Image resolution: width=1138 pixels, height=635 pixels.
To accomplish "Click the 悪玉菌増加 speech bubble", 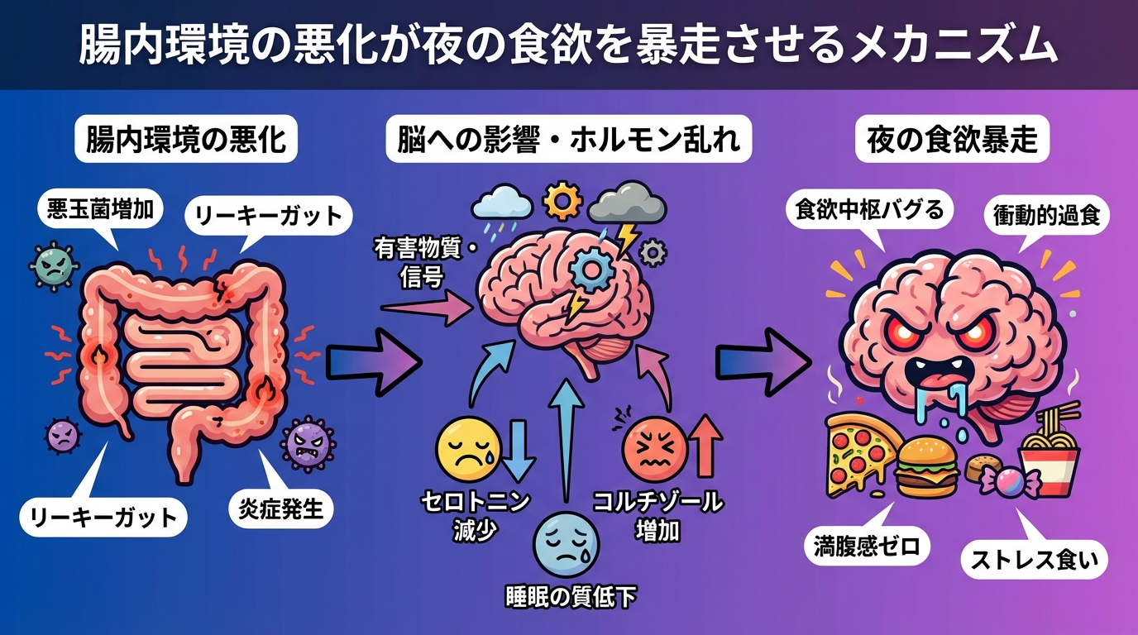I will pyautogui.click(x=99, y=210).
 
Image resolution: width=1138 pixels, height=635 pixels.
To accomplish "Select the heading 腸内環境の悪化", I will pyautogui.click(x=186, y=138).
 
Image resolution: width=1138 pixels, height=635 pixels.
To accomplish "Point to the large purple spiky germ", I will pyautogui.click(x=308, y=443).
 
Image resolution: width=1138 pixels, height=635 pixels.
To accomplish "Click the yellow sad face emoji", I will pyautogui.click(x=463, y=447).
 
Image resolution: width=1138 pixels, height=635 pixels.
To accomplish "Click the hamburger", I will pyautogui.click(x=925, y=466).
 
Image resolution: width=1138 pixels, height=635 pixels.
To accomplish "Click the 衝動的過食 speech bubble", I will pyautogui.click(x=1046, y=217).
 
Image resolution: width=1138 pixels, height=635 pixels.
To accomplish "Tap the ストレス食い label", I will pyautogui.click(x=1033, y=561).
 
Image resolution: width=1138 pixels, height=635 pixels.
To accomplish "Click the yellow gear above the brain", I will pyautogui.click(x=563, y=201).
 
